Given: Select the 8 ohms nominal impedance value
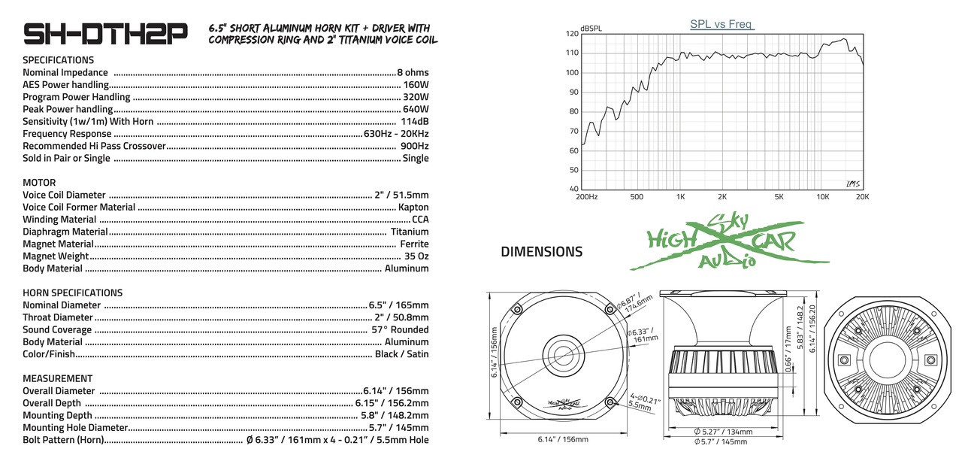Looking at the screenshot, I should (413, 73).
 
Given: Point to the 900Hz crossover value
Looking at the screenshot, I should (414, 146).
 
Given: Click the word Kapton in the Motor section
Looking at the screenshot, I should (413, 208).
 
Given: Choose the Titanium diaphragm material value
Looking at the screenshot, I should (410, 232).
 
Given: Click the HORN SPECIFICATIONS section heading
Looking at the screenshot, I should (72, 293).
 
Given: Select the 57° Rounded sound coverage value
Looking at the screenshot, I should (400, 329).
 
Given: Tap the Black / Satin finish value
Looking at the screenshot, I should (401, 354).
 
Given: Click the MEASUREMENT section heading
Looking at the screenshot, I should (57, 378).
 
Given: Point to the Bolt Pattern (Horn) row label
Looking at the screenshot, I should (63, 440).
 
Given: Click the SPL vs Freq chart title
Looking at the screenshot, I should (721, 24).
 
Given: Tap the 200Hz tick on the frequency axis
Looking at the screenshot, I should (586, 197).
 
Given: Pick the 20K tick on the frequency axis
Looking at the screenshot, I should (861, 197).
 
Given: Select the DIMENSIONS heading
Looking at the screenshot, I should (541, 252).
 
